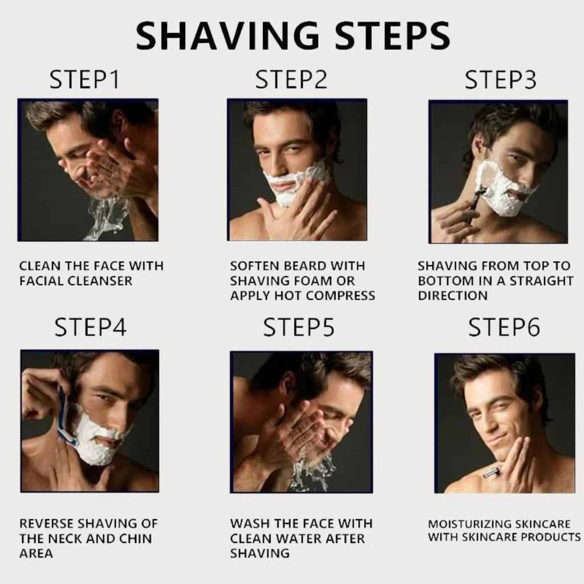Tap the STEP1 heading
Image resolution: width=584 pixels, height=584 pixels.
point(84,80)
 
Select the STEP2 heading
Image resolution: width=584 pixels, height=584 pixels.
point(291,80)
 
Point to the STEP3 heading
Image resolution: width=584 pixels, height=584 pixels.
point(500,80)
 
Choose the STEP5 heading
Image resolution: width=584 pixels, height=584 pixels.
point(298,328)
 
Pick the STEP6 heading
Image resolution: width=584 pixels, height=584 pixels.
point(504,328)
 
